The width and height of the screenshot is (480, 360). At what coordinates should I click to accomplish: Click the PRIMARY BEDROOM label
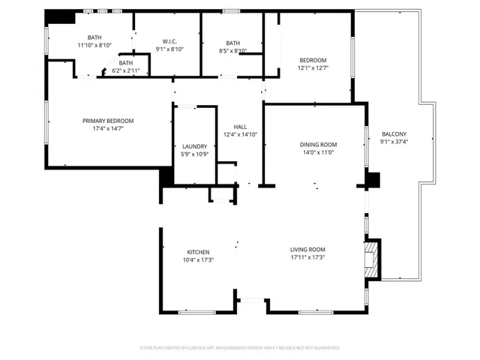tap(108, 121)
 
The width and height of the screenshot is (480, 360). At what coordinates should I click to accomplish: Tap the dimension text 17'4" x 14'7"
tap(108, 128)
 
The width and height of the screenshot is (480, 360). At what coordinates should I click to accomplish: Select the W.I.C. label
tap(169, 41)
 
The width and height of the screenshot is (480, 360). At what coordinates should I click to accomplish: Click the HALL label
tap(240, 127)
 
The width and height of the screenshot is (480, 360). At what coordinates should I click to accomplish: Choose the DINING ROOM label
tap(319, 145)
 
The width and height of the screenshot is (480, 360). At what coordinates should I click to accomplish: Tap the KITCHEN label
tap(199, 251)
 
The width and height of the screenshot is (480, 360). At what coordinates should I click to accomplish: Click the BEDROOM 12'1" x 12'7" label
tap(314, 59)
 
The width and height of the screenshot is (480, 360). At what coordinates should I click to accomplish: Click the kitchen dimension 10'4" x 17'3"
tap(199, 259)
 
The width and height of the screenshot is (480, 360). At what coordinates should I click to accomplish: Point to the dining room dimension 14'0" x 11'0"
tap(319, 152)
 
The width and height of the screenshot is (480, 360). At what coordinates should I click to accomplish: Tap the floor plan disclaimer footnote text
tap(240, 347)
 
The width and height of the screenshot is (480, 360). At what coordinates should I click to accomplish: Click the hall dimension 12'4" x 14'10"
tap(240, 134)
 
